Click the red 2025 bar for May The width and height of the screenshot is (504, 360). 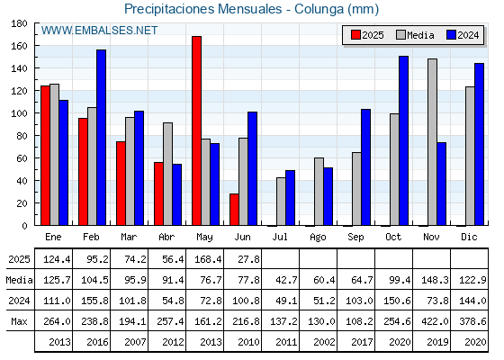coord(197,130)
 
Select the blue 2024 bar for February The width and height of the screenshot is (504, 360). coord(101,138)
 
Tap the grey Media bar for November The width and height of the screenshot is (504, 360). coord(432,142)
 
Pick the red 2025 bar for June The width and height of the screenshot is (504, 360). coord(234,210)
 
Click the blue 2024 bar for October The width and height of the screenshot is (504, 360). coord(404,140)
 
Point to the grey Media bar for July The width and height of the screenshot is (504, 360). coord(281,202)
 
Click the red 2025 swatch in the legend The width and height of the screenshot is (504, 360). coord(355,35)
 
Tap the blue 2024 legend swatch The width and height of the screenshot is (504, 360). coord(451,35)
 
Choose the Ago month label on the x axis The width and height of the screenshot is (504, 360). coord(318,238)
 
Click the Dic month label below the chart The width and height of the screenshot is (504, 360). coord(469,237)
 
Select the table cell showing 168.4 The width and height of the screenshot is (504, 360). coord(208,259)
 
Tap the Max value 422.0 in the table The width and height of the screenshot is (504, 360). coord(435,321)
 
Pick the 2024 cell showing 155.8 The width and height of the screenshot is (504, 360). coord(94,301)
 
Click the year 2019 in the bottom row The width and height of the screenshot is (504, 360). coord(437,342)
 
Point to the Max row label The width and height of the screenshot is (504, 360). coord(19,321)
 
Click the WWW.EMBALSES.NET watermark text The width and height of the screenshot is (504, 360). coord(99,31)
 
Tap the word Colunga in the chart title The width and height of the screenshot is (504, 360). coord(319,10)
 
